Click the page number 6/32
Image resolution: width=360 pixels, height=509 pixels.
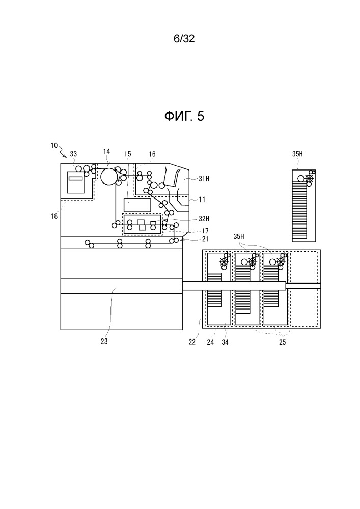tap(184, 39)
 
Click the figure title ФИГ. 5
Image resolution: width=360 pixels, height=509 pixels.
tap(184, 116)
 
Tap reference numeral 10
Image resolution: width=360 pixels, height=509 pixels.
tap(54, 145)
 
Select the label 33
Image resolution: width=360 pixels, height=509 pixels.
tap(73, 154)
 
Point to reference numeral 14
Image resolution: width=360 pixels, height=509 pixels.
tap(107, 151)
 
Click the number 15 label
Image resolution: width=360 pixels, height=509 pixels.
tap(128, 154)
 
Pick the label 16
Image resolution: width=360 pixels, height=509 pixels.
tap(152, 154)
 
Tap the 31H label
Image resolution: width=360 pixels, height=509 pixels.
tap(204, 178)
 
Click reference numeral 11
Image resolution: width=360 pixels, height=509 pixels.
tap(202, 200)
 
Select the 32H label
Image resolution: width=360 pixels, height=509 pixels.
tap(204, 219)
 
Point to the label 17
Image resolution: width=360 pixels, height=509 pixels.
tap(205, 231)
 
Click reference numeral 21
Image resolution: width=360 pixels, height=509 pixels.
tap(205, 239)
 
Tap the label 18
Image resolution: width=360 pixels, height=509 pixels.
tap(54, 216)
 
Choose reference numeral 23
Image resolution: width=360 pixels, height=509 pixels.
tap(104, 341)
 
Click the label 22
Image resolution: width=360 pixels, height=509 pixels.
tap(192, 342)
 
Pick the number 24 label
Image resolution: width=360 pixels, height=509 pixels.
tap(210, 342)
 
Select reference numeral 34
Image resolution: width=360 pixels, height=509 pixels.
tap(225, 342)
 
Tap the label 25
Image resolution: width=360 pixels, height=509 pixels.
tap(283, 342)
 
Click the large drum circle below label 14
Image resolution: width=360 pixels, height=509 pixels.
tap(108, 176)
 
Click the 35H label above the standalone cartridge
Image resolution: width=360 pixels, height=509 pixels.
tap(297, 154)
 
